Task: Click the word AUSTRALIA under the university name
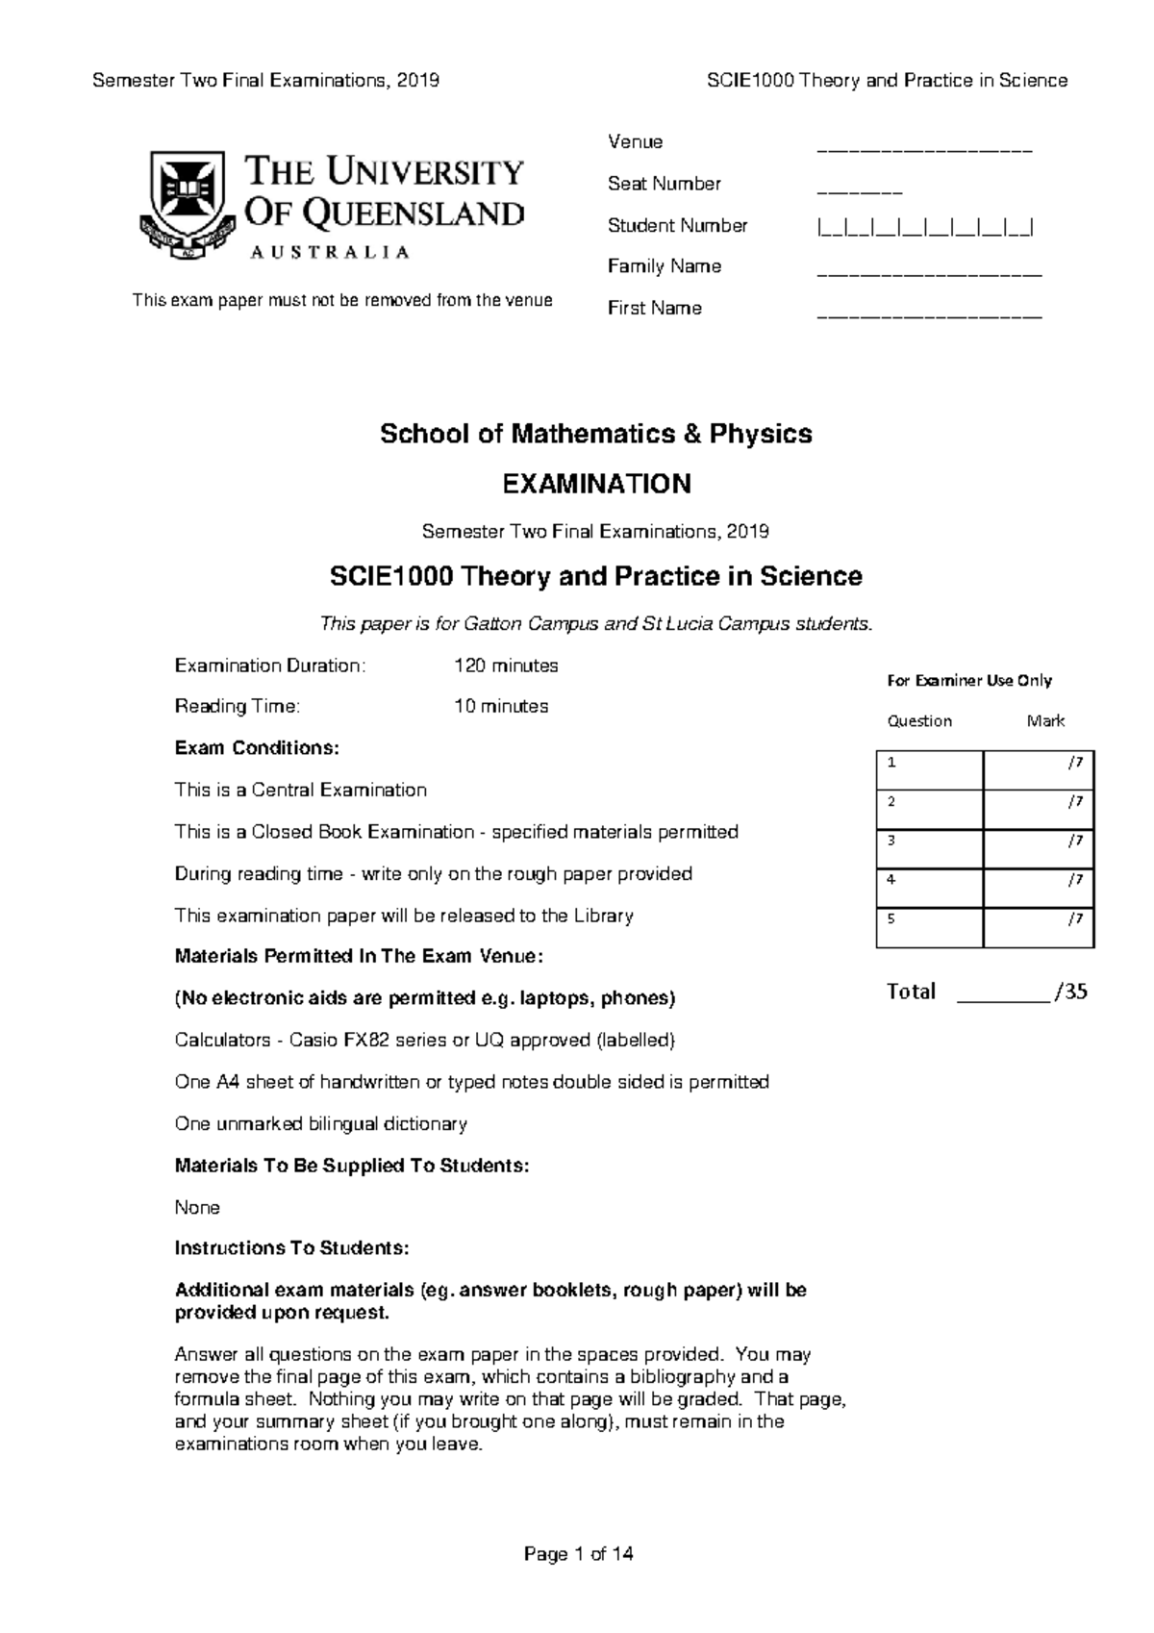(330, 252)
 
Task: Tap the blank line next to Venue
(923, 150)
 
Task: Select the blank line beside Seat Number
(859, 191)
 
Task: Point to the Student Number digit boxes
(925, 228)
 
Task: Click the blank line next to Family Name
(929, 274)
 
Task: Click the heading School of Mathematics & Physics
(596, 434)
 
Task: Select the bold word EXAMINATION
(596, 484)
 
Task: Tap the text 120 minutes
(506, 666)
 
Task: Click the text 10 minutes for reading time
(501, 706)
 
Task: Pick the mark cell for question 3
(1039, 848)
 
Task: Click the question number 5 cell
(929, 927)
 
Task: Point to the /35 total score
(1070, 992)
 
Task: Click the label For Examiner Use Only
(969, 681)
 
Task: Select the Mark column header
(1045, 721)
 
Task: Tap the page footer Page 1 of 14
(578, 1554)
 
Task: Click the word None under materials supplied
(197, 1207)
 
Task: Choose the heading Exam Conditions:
(257, 748)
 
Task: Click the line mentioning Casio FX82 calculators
(425, 1040)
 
